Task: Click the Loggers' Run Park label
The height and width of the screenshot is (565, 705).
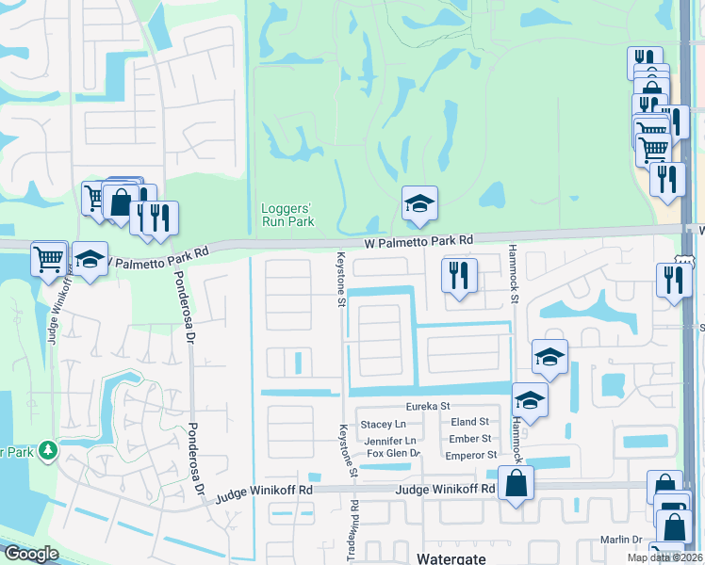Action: [287, 215]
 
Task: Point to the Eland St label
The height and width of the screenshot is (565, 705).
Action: [469, 422]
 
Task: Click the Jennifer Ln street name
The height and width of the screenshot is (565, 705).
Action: [389, 440]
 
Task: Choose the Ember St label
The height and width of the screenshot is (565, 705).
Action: [469, 438]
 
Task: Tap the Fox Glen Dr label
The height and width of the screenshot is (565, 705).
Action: [393, 455]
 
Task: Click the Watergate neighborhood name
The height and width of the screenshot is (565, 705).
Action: [452, 557]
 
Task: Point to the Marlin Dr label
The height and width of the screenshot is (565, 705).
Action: [622, 540]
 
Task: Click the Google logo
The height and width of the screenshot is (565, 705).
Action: [31, 554]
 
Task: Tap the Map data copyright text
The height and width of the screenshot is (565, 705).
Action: [663, 557]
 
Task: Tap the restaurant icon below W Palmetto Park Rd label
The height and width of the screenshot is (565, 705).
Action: [459, 275]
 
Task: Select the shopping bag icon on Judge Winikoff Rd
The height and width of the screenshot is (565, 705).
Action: [517, 484]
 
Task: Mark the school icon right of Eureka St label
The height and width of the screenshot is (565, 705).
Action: [530, 399]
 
